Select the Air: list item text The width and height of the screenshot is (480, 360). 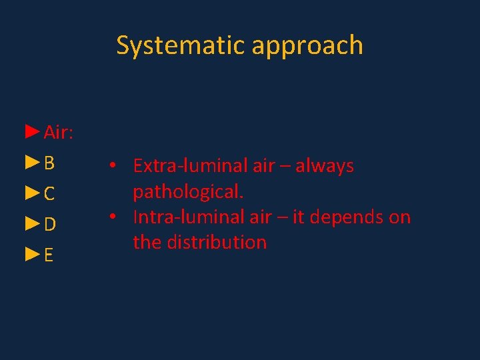[59, 133]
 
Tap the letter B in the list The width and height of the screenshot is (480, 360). [50, 163]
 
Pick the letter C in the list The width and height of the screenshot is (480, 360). [50, 194]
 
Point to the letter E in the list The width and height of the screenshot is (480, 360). [49, 256]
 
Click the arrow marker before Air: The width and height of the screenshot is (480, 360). [32, 132]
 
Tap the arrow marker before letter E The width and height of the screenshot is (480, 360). [32, 255]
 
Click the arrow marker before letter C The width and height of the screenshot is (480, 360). [32, 193]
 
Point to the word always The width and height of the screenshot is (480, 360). [325, 167]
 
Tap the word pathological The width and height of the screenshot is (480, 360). [188, 193]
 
